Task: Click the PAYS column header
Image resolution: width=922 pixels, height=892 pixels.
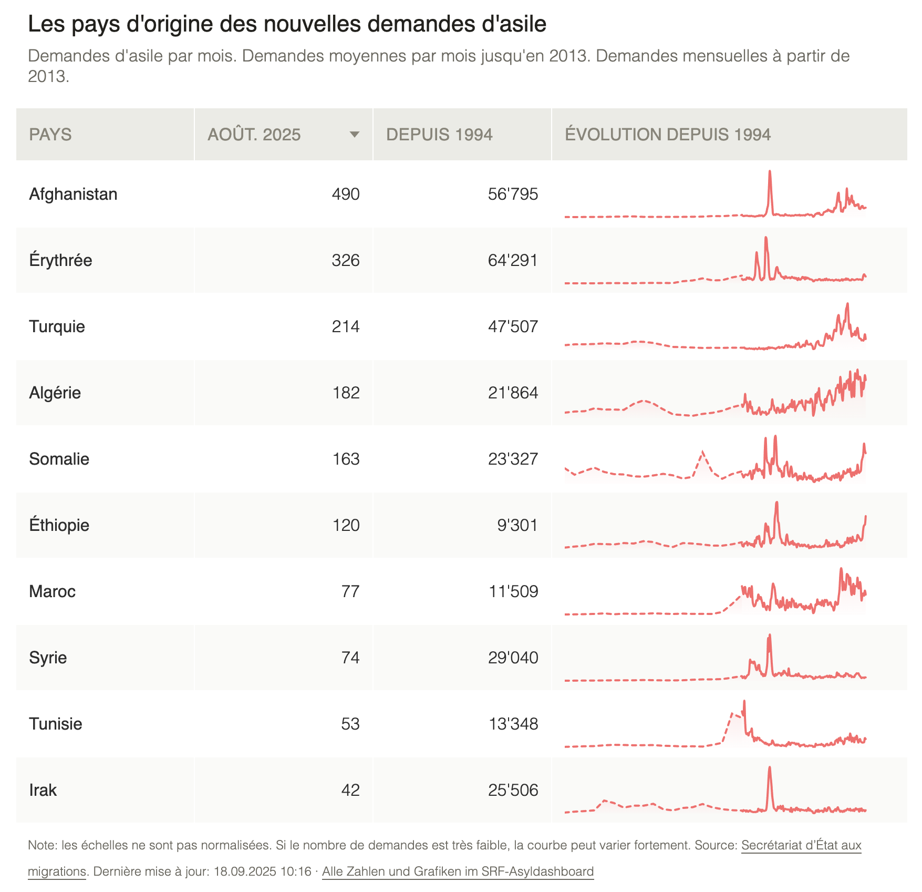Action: click(50, 135)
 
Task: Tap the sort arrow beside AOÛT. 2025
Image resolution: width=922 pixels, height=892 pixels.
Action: click(355, 135)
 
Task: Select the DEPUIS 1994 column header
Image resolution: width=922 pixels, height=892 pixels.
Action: click(439, 135)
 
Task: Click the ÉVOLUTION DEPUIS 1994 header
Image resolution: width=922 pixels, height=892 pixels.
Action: click(668, 135)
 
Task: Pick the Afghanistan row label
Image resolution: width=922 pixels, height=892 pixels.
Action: click(73, 194)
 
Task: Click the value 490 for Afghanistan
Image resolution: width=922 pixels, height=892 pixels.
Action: click(346, 194)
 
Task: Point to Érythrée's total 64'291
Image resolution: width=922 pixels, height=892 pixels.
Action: click(513, 260)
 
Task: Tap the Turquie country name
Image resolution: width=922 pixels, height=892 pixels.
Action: click(57, 326)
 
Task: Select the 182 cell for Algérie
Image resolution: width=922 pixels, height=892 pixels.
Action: click(346, 393)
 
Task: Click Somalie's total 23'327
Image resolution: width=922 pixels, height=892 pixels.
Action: click(513, 459)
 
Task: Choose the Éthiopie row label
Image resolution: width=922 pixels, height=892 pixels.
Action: click(59, 525)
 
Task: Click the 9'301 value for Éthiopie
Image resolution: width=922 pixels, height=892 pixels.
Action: click(517, 525)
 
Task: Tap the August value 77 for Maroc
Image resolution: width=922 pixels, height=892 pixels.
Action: click(350, 591)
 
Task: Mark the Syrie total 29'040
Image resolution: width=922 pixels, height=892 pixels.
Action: click(513, 658)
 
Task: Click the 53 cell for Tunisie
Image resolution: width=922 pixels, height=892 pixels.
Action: click(350, 724)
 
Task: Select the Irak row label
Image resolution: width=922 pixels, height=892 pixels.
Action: click(43, 790)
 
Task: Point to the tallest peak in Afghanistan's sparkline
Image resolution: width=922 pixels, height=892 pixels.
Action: click(770, 172)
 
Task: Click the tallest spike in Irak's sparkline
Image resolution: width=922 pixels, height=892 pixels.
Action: click(770, 768)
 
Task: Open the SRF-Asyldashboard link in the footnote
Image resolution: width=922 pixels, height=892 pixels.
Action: click(458, 872)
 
